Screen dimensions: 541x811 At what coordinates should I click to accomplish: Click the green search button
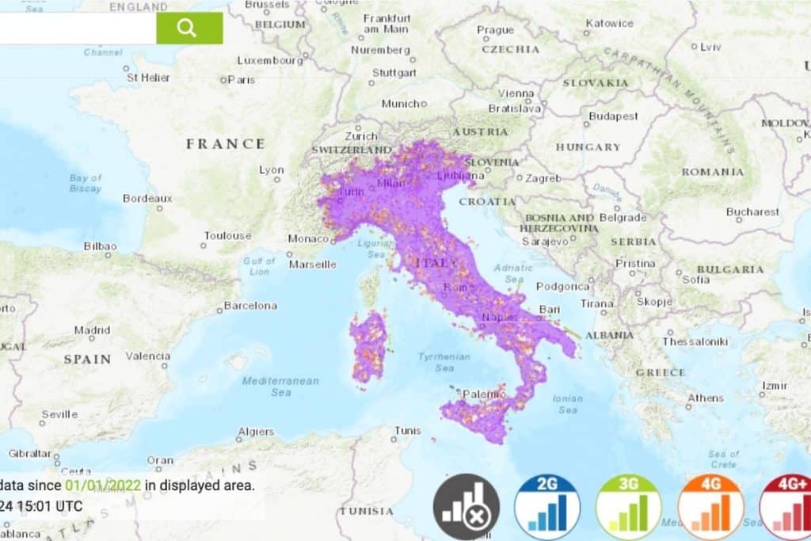189,29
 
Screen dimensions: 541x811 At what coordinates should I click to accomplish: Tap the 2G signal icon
547,506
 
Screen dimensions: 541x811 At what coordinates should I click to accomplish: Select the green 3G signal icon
629,506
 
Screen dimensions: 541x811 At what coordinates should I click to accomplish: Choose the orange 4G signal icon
710,506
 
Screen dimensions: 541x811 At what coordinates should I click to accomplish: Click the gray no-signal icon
466,506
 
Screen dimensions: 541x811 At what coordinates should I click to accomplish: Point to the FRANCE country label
226,143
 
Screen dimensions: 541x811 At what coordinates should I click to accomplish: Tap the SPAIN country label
87,359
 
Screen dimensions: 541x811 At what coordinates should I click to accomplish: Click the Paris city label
242,79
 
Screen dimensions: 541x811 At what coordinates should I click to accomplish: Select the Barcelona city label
250,305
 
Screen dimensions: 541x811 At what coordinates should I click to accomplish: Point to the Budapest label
614,116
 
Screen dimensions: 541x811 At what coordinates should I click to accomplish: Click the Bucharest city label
752,211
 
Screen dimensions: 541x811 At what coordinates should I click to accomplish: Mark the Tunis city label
408,430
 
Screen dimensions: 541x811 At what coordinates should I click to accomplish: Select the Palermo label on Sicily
484,393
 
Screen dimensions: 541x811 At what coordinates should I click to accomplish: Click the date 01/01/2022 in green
103,485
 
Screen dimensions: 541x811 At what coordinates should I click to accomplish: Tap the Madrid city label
92,330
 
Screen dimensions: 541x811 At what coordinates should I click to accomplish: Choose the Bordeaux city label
147,198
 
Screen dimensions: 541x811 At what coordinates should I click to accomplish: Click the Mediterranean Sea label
280,386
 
